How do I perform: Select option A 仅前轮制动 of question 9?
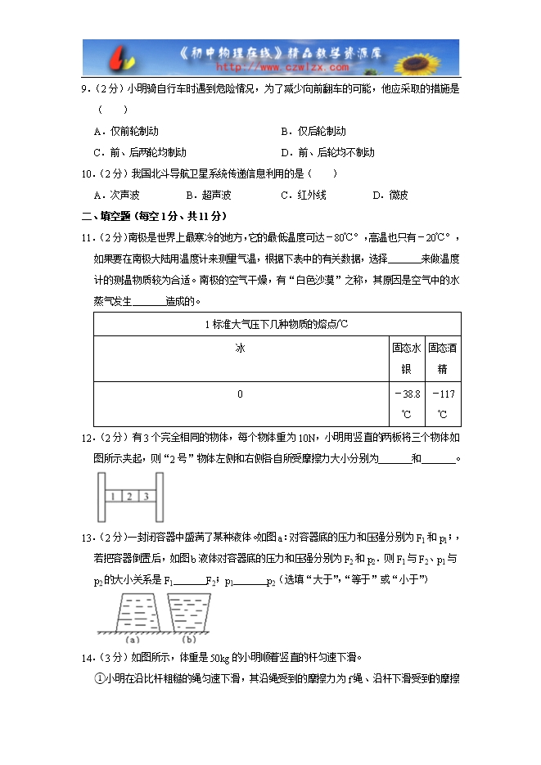click(x=126, y=131)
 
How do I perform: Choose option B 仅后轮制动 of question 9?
click(x=313, y=131)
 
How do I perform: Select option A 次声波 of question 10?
click(x=117, y=195)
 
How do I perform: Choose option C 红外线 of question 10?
click(x=304, y=195)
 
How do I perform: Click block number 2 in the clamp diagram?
click(x=129, y=496)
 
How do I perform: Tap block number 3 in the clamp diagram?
click(x=146, y=496)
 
